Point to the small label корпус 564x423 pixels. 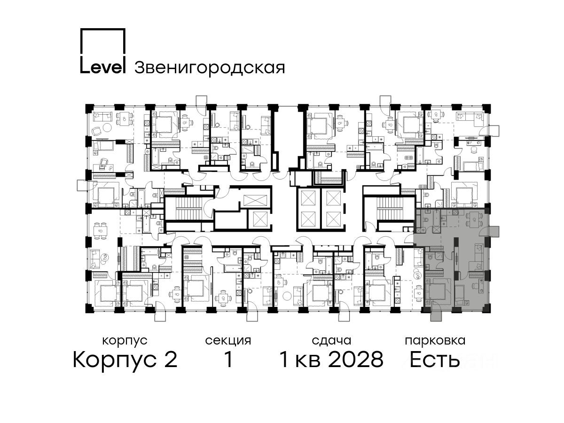[125, 341]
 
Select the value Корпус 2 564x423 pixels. [125, 360]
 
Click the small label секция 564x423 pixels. [228, 341]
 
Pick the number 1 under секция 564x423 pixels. [228, 360]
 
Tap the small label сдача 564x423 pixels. [331, 341]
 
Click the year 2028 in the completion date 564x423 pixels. [356, 360]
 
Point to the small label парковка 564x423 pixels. [435, 341]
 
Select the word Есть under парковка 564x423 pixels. [434, 360]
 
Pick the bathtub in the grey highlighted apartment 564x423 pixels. [436, 218]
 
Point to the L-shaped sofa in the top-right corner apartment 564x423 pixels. [470, 117]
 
